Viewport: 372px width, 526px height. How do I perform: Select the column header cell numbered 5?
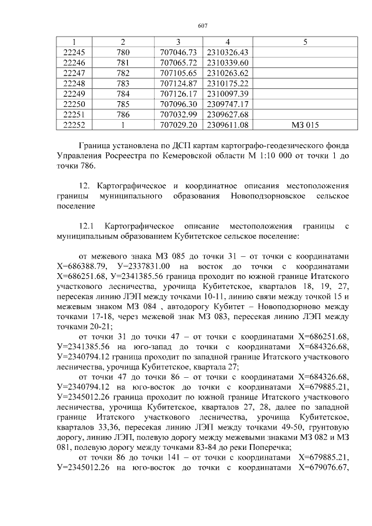coord(305,42)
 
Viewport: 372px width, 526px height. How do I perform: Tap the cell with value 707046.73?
coord(178,52)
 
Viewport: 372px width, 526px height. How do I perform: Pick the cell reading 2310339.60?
coord(228,63)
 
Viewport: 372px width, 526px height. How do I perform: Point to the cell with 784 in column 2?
coord(123,94)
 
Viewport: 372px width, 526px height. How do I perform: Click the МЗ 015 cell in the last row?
coord(305,124)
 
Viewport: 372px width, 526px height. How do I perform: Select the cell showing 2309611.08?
coord(228,124)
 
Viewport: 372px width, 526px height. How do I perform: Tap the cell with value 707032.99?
coord(178,114)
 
